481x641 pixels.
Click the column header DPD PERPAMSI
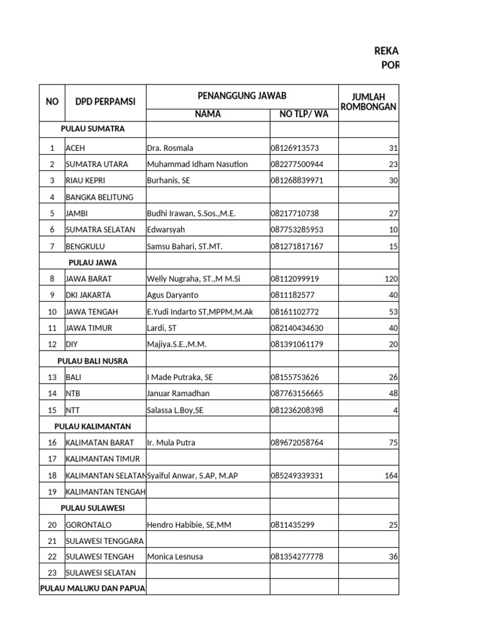[105, 102]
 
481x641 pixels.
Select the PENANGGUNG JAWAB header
[242, 96]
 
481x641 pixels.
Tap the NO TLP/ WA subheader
[304, 114]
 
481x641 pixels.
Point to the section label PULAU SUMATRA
[93, 129]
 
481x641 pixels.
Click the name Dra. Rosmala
[170, 148]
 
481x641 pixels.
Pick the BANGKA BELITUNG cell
[100, 197]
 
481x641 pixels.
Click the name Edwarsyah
[166, 230]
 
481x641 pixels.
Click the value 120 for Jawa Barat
[391, 279]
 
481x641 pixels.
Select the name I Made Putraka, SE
[179, 377]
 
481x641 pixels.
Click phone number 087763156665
[297, 394]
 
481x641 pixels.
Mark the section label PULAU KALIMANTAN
[93, 426]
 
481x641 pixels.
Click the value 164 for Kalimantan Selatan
[391, 476]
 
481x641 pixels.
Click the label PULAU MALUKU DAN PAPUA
[93, 588]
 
